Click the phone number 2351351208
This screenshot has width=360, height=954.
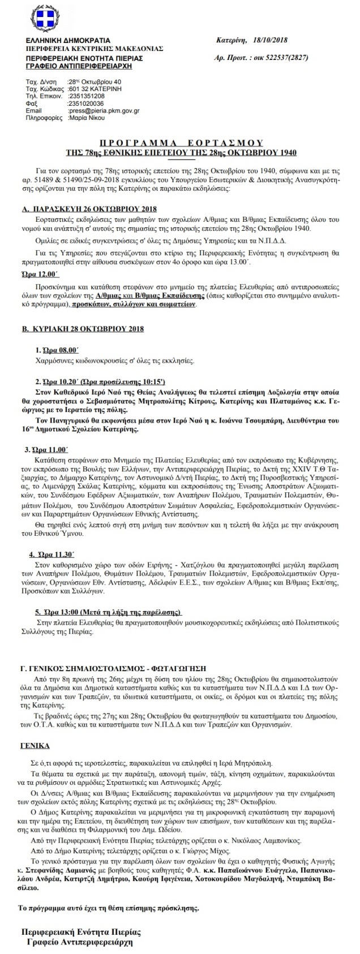tap(85, 97)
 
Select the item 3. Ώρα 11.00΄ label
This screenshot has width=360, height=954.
tap(50, 449)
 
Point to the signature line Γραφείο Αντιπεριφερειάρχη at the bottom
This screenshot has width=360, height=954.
tap(81, 942)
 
